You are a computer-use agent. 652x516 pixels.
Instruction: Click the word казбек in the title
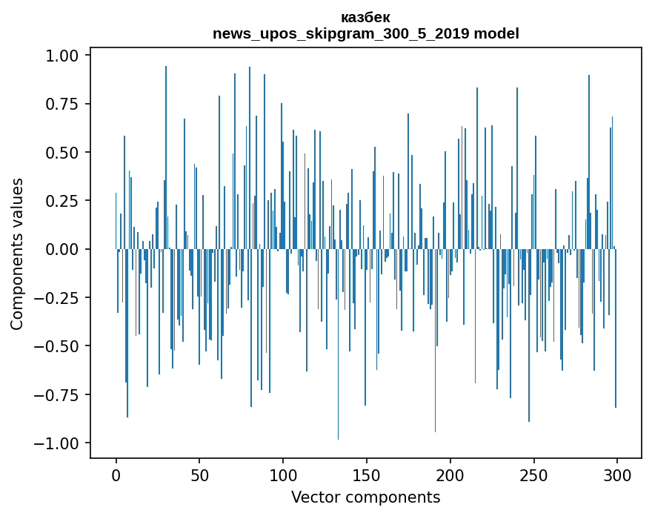(x=365, y=17)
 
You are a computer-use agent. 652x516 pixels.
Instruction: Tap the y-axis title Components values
(x=17, y=254)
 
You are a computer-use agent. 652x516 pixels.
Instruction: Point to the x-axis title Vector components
(x=365, y=497)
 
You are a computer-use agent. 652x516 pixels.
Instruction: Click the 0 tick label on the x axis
(x=116, y=475)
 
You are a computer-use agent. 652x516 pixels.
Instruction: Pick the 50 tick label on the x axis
(x=199, y=475)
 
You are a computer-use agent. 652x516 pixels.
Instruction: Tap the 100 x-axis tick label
(x=283, y=475)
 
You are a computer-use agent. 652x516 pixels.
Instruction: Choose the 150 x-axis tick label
(x=367, y=475)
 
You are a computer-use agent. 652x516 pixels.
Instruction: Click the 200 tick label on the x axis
(x=450, y=475)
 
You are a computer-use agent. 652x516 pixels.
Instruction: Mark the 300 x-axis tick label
(x=617, y=475)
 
